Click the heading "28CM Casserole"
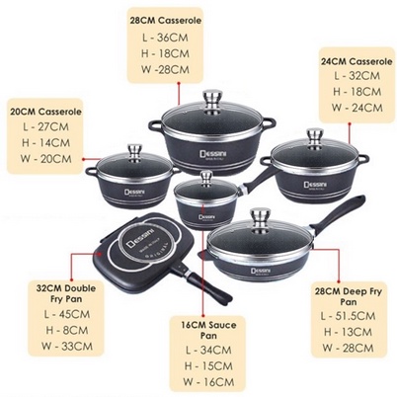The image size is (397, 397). click(165, 21)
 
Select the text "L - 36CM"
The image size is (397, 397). click(165, 38)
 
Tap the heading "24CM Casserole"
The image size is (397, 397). click(357, 61)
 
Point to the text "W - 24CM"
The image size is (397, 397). click(357, 108)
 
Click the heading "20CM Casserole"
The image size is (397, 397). click(45, 112)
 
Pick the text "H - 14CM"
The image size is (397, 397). click(45, 143)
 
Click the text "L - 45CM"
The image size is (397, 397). click(67, 314)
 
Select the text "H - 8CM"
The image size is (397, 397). click(67, 330)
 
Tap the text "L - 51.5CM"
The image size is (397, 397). click(348, 316)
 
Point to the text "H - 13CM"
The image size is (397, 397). click(348, 332)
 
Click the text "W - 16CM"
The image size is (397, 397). click(208, 382)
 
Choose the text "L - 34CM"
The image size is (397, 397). click(208, 350)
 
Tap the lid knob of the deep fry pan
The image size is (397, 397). click(261, 217)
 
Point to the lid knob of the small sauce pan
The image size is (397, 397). click(207, 178)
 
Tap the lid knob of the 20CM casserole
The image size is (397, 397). click(135, 152)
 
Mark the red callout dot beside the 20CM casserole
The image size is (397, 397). click(84, 159)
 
